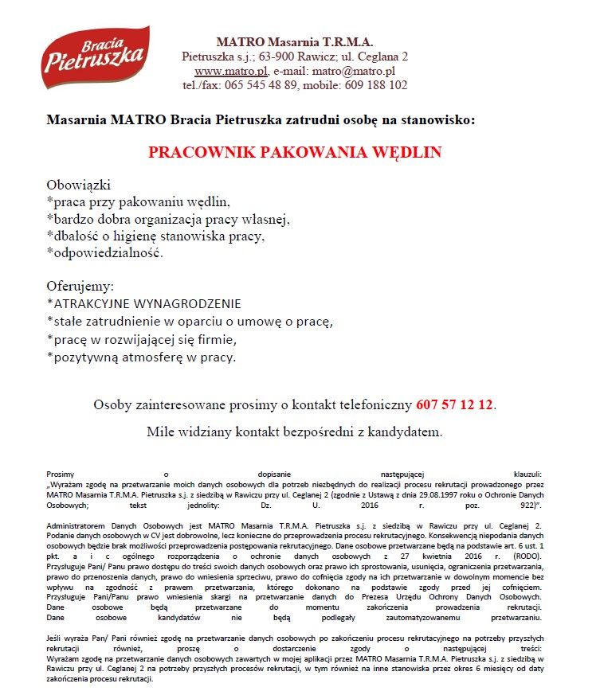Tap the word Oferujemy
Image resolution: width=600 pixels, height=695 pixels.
point(80,285)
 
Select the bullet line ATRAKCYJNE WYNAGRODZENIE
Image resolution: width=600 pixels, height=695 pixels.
point(146,304)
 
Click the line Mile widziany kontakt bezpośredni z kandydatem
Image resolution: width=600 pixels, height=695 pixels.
point(295,431)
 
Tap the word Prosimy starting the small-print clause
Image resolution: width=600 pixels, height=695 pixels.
point(61,474)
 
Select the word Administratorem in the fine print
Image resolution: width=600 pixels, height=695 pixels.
point(78,526)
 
